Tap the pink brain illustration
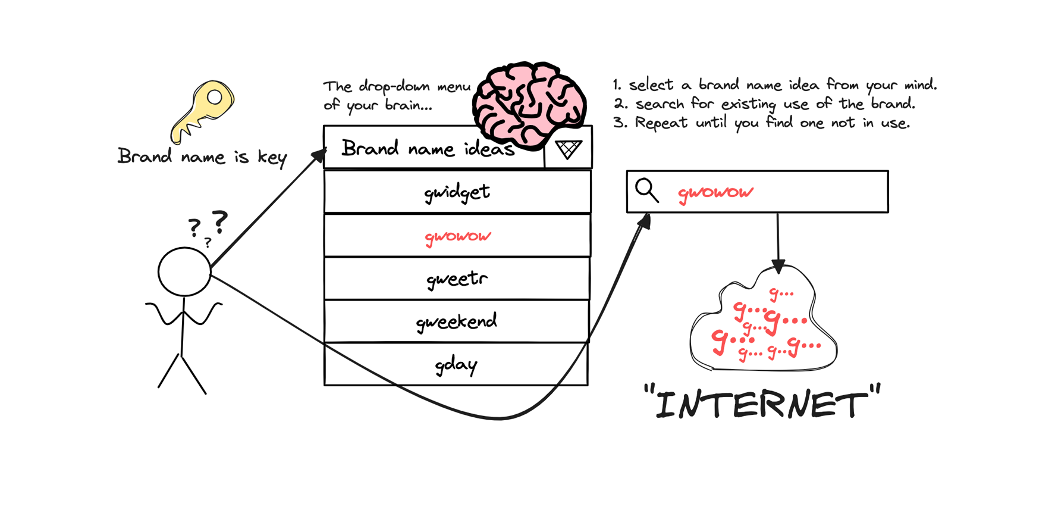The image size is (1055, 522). click(x=529, y=105)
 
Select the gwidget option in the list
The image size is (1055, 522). click(x=457, y=192)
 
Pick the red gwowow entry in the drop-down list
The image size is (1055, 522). click(x=457, y=236)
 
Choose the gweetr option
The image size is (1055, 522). click(x=457, y=279)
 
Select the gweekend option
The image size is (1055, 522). click(x=456, y=322)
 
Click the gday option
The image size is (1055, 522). click(x=456, y=364)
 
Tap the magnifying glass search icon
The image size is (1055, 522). click(x=646, y=190)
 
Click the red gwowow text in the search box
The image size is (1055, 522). click(x=715, y=193)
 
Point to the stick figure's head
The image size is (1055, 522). click(x=184, y=271)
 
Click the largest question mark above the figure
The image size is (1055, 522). click(x=220, y=221)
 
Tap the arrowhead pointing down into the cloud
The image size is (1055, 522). click(x=778, y=266)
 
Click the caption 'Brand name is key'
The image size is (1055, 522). click(x=202, y=157)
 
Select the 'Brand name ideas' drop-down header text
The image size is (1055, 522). click(x=428, y=148)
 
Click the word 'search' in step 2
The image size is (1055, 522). click(x=660, y=104)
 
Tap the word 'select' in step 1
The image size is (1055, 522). click(x=651, y=85)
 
